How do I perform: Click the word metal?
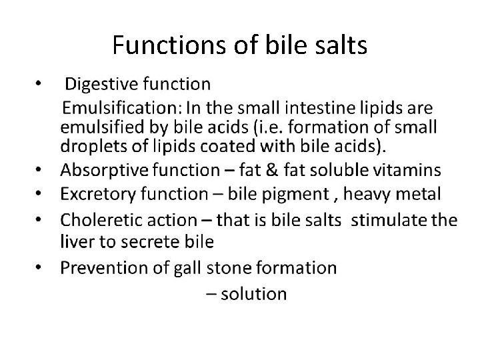(419, 194)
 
